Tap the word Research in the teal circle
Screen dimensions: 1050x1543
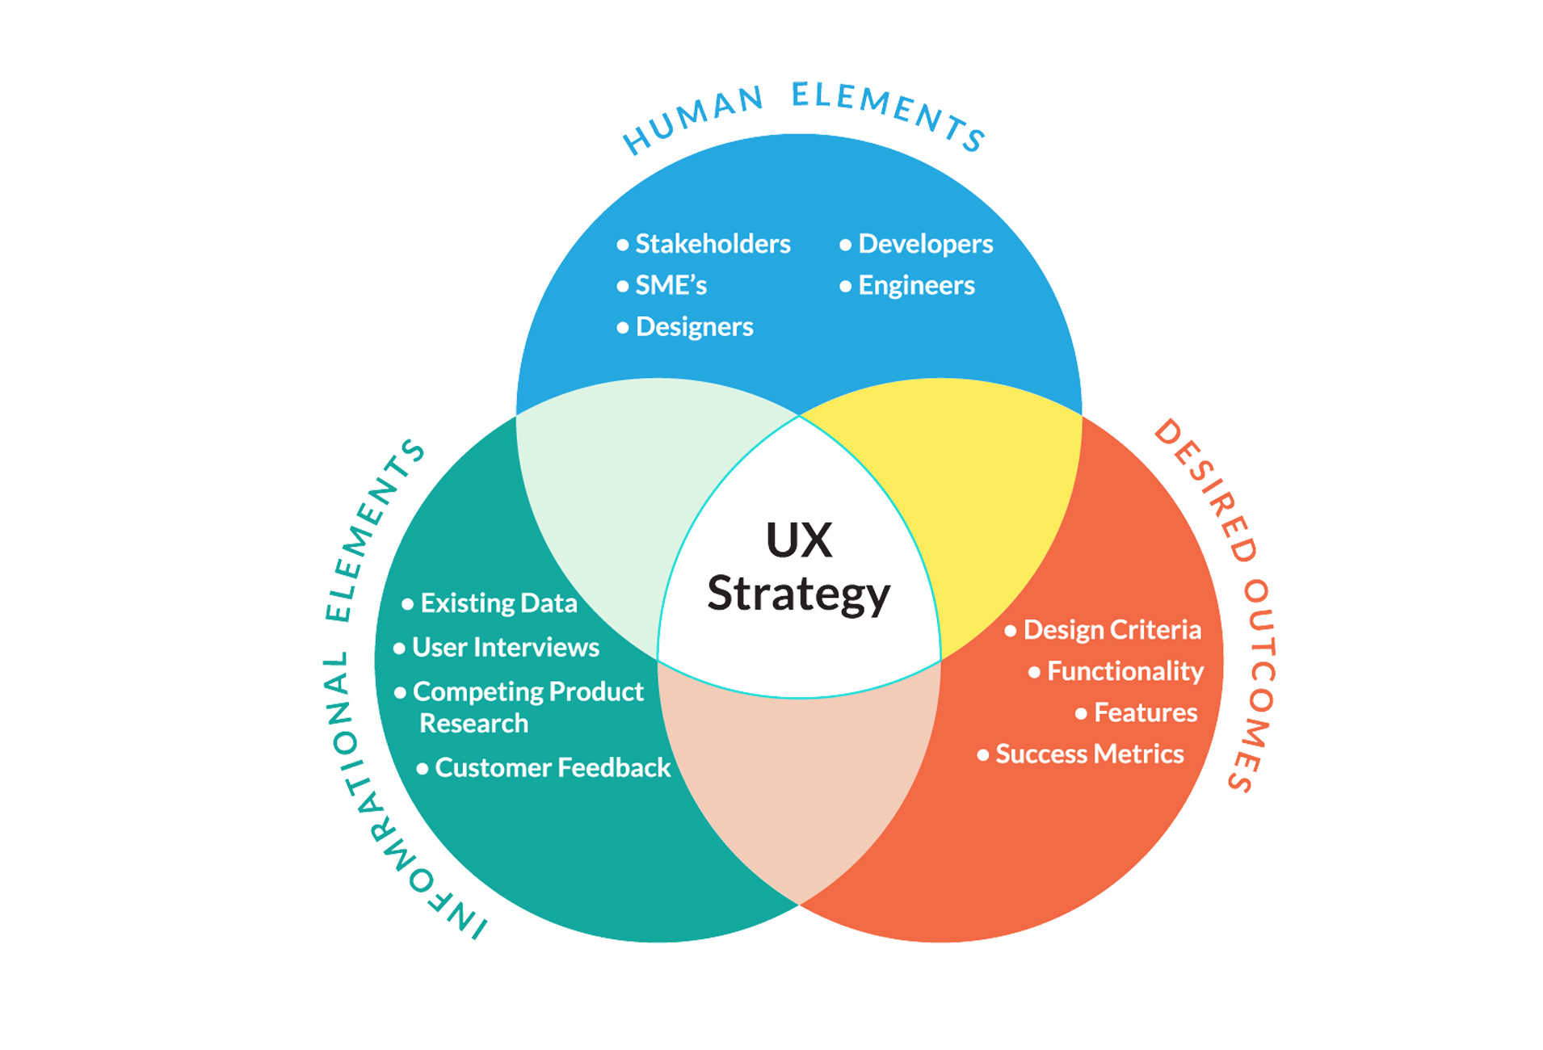473,723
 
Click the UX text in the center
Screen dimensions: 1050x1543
798,540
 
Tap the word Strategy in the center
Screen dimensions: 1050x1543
798,595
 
